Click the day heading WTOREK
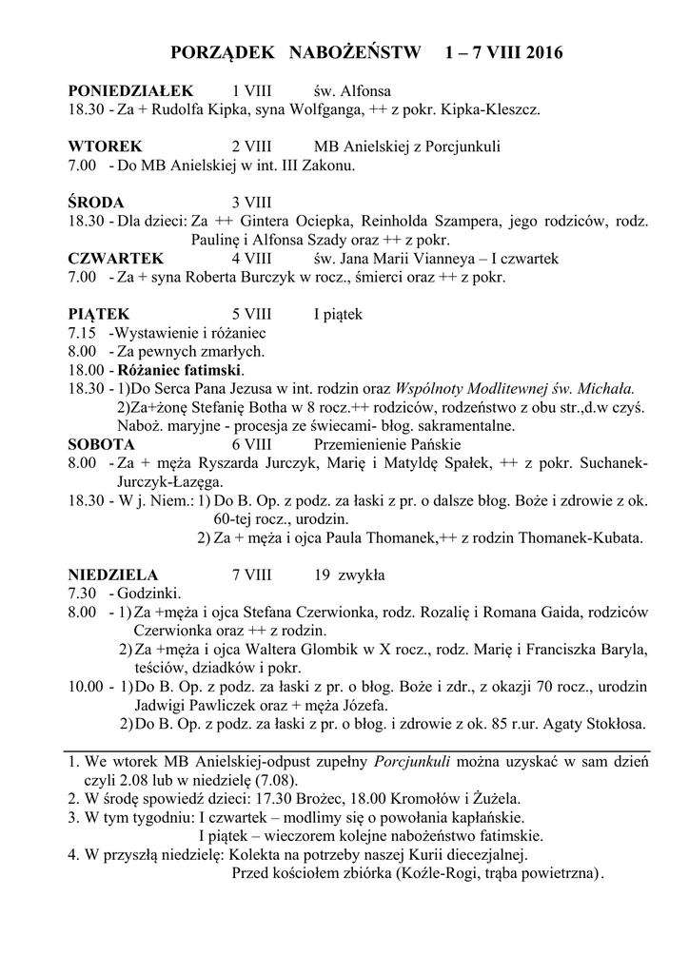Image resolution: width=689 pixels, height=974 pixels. click(x=105, y=147)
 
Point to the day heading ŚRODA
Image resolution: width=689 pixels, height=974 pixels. click(x=96, y=203)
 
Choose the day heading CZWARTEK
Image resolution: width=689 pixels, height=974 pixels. click(x=115, y=259)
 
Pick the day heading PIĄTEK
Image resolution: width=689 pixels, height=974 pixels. click(x=99, y=314)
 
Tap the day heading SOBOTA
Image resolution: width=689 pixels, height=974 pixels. click(x=101, y=444)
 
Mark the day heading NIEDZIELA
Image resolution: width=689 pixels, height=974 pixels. click(x=113, y=575)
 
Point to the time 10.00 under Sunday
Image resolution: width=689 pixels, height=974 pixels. click(x=86, y=686)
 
